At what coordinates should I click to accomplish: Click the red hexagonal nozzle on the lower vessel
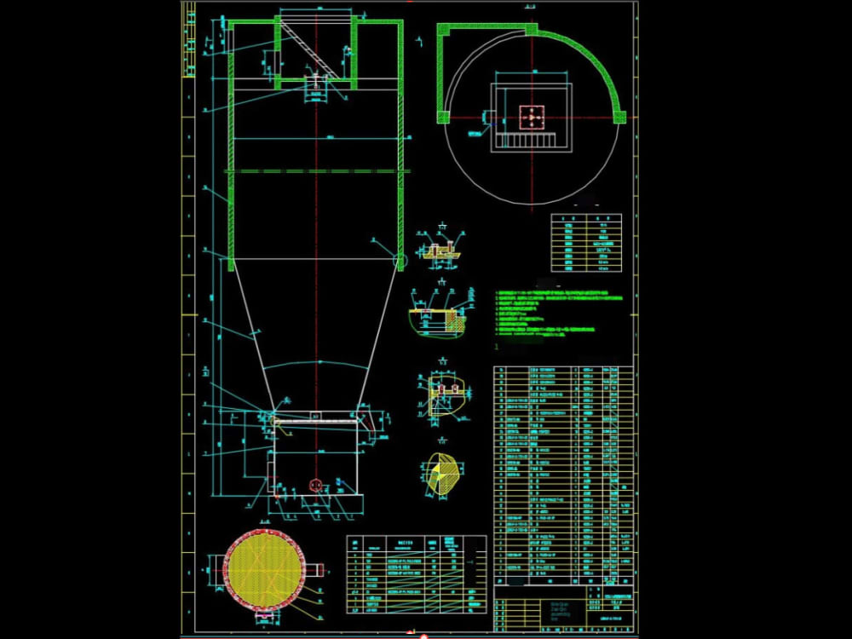[x=314, y=485]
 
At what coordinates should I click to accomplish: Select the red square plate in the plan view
[x=532, y=116]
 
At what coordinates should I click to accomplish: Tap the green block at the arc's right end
[x=620, y=117]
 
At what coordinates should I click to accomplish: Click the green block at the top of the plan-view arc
[x=532, y=30]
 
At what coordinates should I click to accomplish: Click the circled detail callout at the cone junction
[x=399, y=259]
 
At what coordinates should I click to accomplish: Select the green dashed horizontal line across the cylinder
[x=316, y=171]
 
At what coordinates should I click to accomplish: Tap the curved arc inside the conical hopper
[x=316, y=363]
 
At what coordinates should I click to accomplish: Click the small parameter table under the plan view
[x=585, y=243]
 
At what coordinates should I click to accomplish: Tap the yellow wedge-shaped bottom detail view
[x=443, y=473]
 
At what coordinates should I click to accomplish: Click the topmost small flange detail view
[x=440, y=250]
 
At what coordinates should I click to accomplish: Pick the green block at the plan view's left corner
[x=442, y=117]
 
